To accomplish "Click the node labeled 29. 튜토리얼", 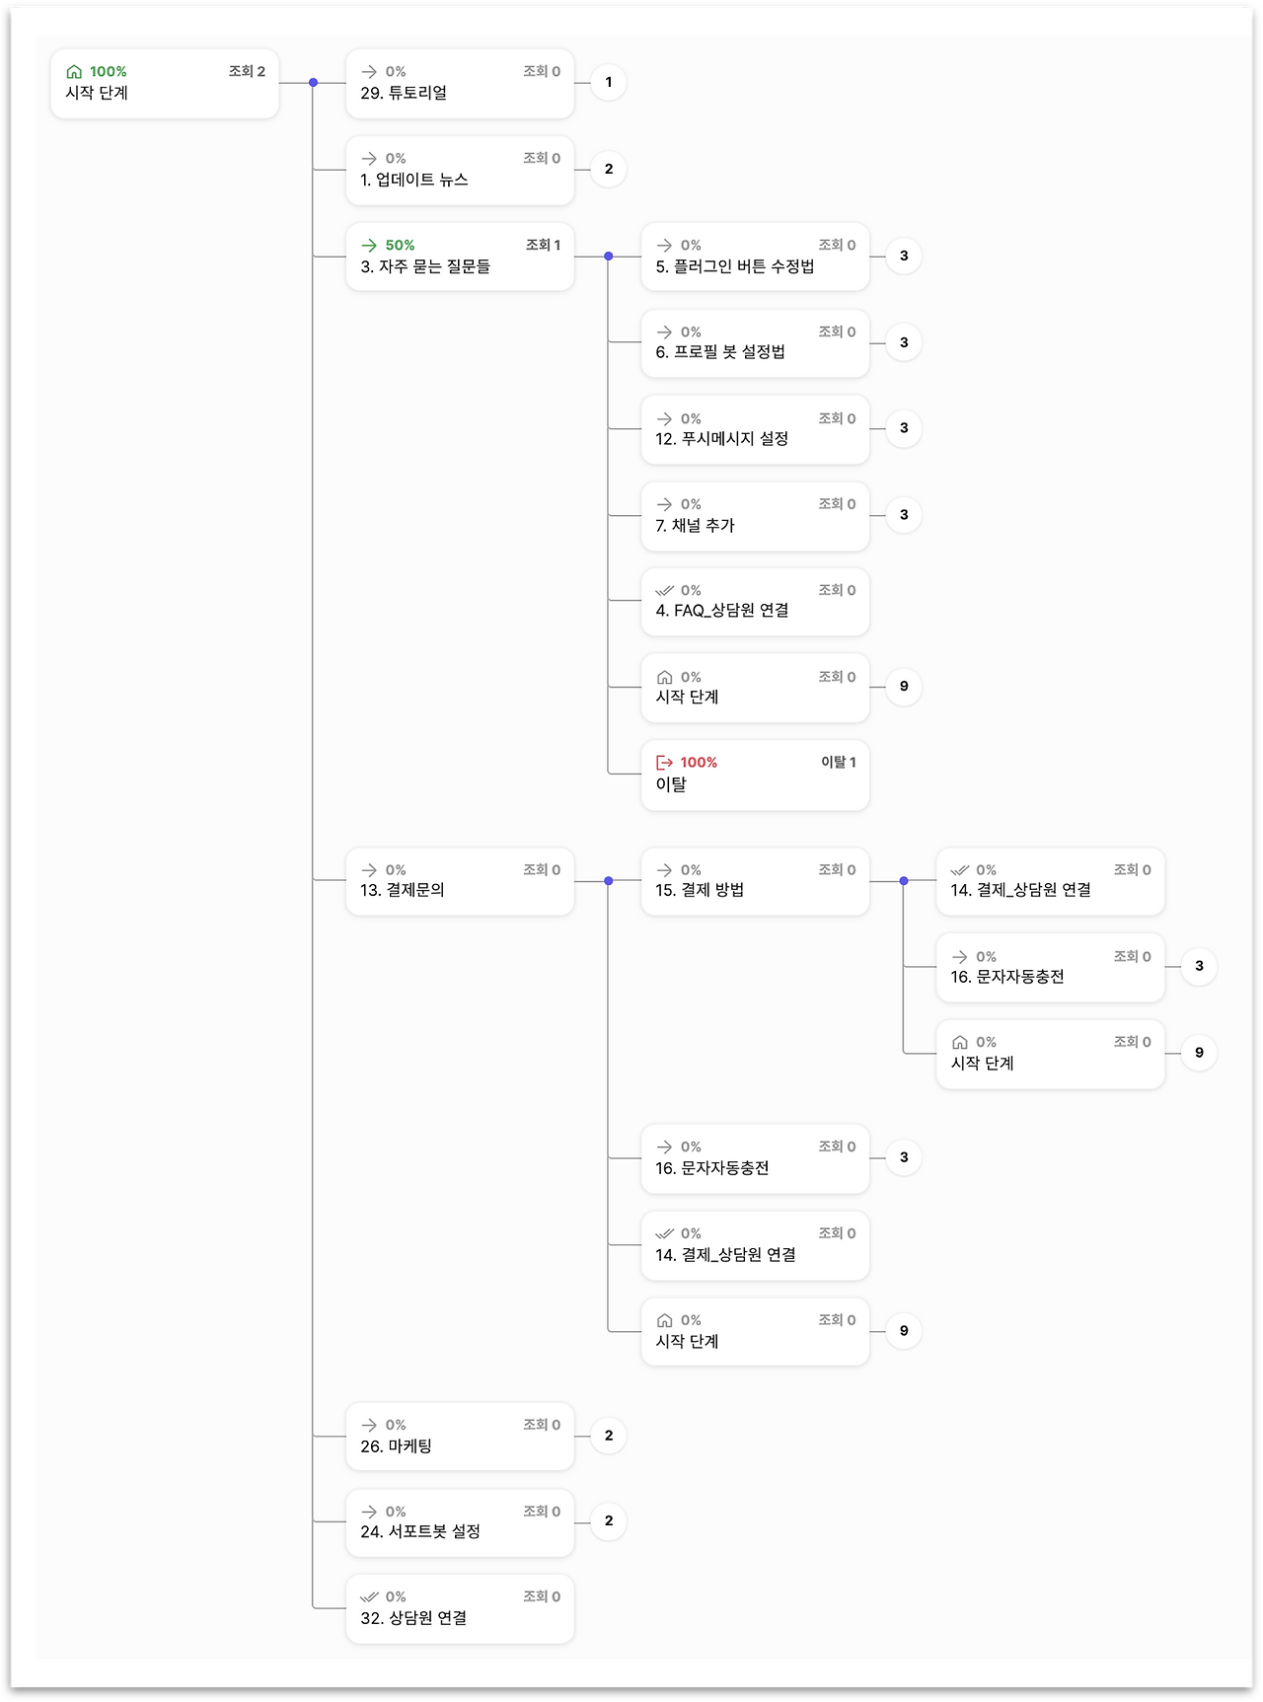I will coord(460,84).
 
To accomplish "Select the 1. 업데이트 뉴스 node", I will coord(460,171).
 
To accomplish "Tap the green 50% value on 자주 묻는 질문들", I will coord(400,246).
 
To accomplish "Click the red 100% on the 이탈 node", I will coord(699,763).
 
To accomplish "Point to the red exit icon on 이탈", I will coord(665,763).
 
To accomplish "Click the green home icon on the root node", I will coord(74,72).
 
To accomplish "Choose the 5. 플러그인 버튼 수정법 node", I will coord(755,258).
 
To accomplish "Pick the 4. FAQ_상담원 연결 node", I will coord(755,602).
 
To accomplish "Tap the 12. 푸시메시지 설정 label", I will coord(721,439).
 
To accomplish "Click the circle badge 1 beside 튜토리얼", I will coord(609,82).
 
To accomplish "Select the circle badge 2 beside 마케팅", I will coord(609,1436).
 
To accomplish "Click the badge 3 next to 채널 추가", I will coord(904,515).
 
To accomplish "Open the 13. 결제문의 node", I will coord(460,881).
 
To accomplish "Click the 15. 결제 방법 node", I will coord(755,881).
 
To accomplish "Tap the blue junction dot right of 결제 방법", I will coord(904,881).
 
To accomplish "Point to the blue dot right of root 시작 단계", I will coord(313,83).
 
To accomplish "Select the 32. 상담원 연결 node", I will coord(460,1608).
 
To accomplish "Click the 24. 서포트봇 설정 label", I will coord(420,1532).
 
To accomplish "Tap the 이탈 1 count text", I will coord(839,763).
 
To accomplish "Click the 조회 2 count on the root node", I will coord(247,72).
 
